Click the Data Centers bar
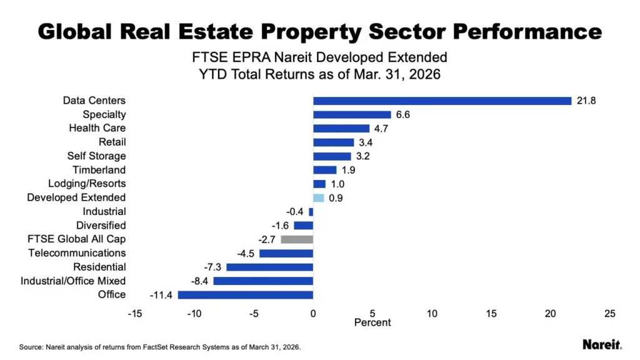pyautogui.click(x=442, y=101)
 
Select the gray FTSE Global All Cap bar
pyautogui.click(x=297, y=239)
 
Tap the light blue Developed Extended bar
pyautogui.click(x=319, y=197)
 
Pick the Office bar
pyautogui.click(x=245, y=294)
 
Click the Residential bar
pyautogui.click(x=269, y=267)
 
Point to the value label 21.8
pyautogui.click(x=587, y=101)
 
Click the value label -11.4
pyautogui.click(x=162, y=294)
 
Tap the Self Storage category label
pyautogui.click(x=96, y=156)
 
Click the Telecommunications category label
pyautogui.click(x=77, y=252)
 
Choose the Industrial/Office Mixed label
pyautogui.click(x=73, y=281)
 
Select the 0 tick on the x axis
pyautogui.click(x=313, y=314)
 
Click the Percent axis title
pyautogui.click(x=372, y=322)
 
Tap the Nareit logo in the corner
pyautogui.click(x=601, y=344)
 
